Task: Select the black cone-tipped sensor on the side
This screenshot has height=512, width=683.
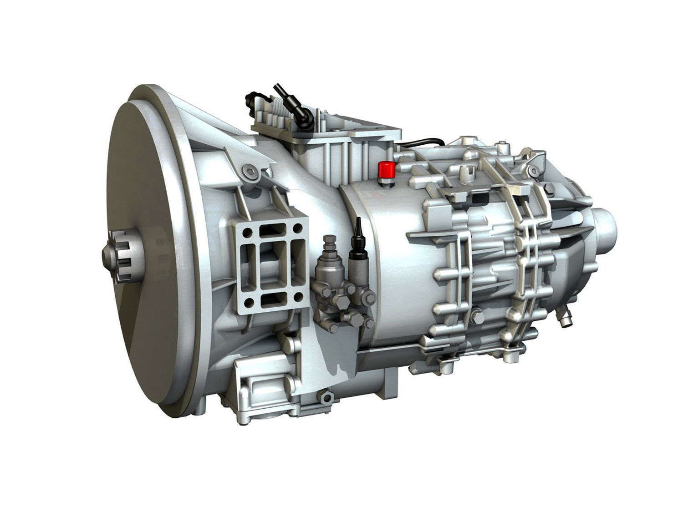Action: click(x=358, y=233)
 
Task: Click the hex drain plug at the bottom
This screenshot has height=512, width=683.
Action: click(x=325, y=397)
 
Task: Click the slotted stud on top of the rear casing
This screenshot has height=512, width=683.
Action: click(x=465, y=172)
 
